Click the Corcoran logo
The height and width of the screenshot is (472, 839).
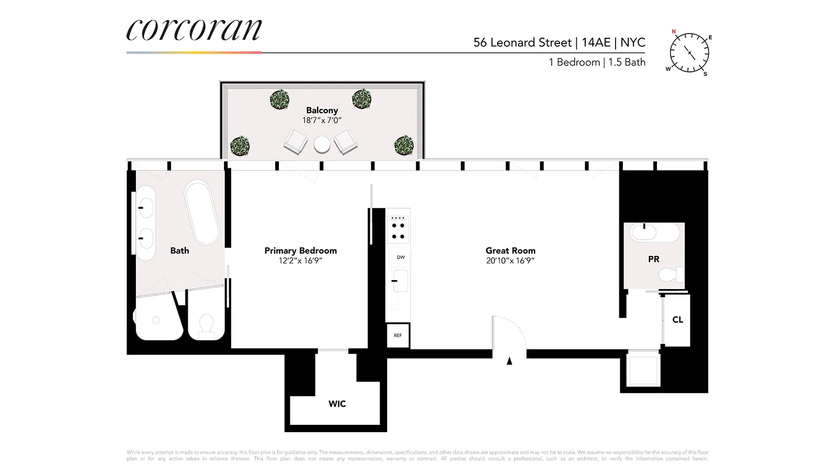[x=194, y=30]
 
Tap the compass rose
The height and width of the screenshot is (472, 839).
[x=690, y=53]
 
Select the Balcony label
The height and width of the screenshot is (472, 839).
[x=322, y=110]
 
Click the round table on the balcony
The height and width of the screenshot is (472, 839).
[x=322, y=144]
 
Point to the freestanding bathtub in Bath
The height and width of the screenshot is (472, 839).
[x=202, y=212]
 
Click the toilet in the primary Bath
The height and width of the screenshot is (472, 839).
[x=206, y=325]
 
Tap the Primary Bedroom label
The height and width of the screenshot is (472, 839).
[x=300, y=251]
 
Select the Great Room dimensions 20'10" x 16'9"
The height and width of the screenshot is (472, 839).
[x=510, y=261]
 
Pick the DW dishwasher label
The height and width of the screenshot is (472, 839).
[x=401, y=257]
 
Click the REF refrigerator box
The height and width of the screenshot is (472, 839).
[x=398, y=336]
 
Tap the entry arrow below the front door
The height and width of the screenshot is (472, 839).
[x=509, y=361]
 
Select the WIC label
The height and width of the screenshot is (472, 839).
[x=337, y=404]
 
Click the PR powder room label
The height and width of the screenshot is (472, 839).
[x=653, y=259]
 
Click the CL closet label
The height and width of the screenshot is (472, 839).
[x=677, y=319]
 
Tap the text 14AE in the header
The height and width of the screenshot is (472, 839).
[x=596, y=42]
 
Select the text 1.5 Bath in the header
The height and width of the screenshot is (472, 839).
[x=627, y=62]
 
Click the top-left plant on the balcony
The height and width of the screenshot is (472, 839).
[x=279, y=99]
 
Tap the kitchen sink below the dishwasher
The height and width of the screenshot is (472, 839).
[x=400, y=281]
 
